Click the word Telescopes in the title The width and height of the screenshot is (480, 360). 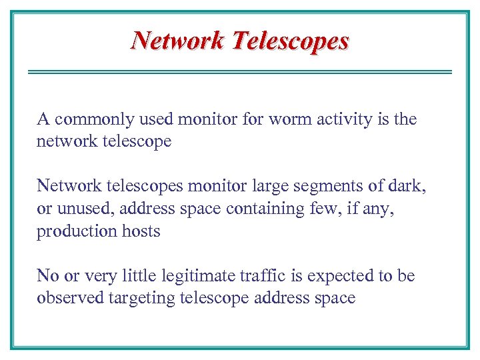[290, 41]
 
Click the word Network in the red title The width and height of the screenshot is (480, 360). [178, 41]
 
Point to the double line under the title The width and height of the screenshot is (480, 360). [240, 72]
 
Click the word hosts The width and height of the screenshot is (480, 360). [139, 231]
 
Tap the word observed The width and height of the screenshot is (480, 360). [70, 298]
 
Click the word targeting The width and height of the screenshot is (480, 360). [142, 299]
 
